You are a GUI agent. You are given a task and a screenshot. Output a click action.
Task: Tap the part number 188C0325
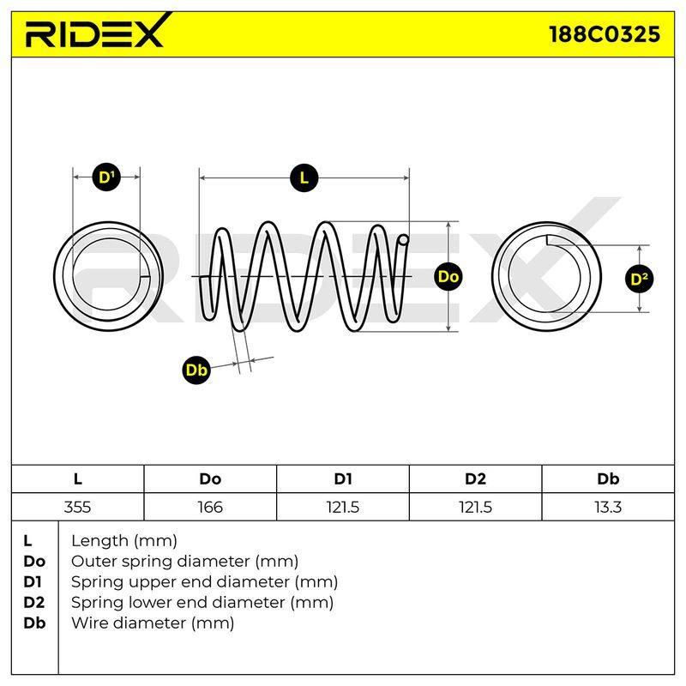[605, 34]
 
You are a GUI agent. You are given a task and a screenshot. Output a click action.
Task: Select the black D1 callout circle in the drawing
[106, 177]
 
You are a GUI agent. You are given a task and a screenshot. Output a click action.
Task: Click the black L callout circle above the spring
[304, 178]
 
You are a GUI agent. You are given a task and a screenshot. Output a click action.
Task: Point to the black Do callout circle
[448, 276]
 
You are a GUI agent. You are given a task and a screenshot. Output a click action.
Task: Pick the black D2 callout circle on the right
[639, 279]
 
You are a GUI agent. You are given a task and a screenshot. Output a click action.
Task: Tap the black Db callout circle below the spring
[196, 370]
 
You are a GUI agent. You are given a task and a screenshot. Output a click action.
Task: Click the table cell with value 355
[77, 508]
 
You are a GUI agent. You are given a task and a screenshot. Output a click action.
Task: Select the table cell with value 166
[210, 508]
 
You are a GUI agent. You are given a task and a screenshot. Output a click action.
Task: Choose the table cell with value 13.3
[608, 508]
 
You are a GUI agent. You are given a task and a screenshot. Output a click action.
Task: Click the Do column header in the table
[210, 479]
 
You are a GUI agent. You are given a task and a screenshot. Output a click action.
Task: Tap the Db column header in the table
[608, 479]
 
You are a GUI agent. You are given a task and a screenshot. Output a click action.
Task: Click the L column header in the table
[77, 479]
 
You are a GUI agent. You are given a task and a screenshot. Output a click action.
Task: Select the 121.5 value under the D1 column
[342, 508]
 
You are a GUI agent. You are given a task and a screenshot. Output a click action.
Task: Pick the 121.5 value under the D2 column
[475, 508]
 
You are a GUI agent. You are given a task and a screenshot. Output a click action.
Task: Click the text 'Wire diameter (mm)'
[153, 623]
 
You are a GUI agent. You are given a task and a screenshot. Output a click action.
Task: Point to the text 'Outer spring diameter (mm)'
[184, 562]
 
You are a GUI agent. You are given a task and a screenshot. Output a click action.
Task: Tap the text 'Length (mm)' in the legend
[124, 541]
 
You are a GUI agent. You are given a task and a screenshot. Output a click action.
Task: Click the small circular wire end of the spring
[403, 240]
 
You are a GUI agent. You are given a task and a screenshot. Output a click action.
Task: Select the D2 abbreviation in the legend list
[34, 603]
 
